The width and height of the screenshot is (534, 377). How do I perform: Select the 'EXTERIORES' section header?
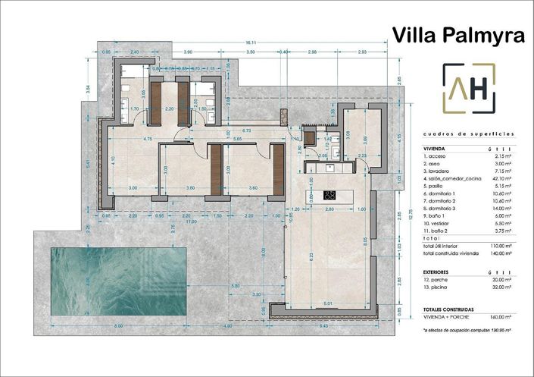(x=439, y=270)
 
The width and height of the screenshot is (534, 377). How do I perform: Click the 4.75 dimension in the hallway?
(x=148, y=140)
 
